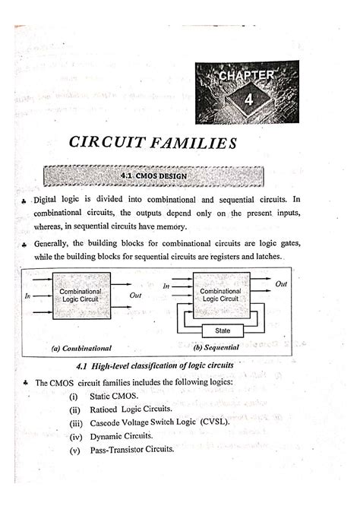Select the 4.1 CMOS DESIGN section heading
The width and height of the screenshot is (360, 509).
(x=153, y=177)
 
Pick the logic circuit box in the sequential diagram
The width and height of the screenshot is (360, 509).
(x=219, y=296)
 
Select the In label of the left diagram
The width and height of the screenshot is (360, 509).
(x=28, y=296)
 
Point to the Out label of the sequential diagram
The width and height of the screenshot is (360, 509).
(x=281, y=284)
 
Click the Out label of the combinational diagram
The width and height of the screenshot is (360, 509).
(x=136, y=295)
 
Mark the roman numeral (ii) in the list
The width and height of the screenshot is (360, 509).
(x=73, y=409)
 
